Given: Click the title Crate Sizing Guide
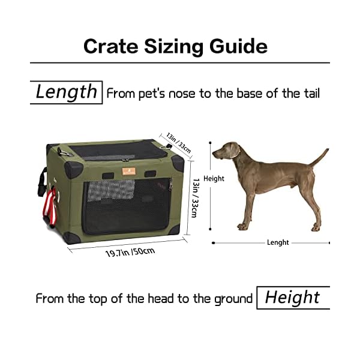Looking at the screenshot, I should (x=175, y=46).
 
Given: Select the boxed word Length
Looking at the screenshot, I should (x=66, y=92).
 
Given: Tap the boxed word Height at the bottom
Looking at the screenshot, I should (x=292, y=298).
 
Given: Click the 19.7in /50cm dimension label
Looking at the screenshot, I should (x=130, y=248).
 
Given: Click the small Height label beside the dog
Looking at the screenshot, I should (x=214, y=178).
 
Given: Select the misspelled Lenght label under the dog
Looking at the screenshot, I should (x=278, y=242).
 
